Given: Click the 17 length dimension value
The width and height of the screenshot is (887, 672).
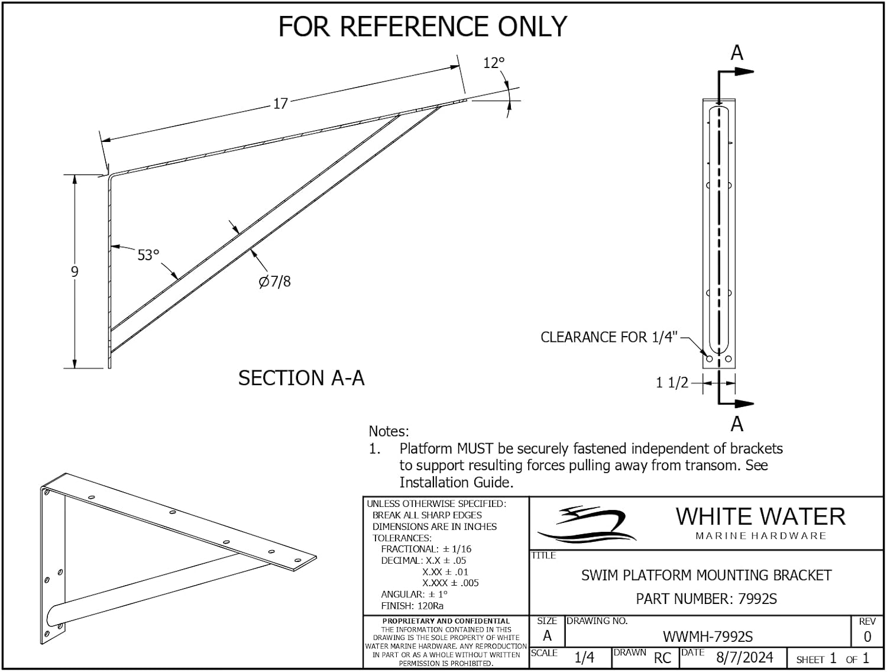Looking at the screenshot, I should (x=280, y=104).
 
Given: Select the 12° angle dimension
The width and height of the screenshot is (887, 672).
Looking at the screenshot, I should (x=494, y=63).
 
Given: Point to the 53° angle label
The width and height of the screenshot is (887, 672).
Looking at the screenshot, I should (x=148, y=255).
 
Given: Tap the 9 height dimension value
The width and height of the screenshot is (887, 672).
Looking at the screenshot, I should (x=75, y=272).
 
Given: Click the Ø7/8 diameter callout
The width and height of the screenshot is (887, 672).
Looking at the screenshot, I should (x=275, y=282).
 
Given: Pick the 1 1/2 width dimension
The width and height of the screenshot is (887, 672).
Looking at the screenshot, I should (x=672, y=383).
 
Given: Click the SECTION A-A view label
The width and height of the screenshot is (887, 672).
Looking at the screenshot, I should (x=301, y=378).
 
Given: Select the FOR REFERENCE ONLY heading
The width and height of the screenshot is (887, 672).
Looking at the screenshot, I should (x=423, y=27).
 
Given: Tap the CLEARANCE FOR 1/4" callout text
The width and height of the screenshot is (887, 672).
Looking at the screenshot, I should (x=608, y=337).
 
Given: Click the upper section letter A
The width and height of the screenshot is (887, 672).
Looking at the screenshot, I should (x=736, y=53).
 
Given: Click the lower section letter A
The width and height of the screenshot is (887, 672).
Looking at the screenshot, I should (x=736, y=424).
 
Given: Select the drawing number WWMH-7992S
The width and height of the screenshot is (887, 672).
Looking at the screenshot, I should (x=707, y=637).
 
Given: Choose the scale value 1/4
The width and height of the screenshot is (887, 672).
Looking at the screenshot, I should (x=584, y=658).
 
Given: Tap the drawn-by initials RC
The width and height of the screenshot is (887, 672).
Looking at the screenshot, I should (x=662, y=658).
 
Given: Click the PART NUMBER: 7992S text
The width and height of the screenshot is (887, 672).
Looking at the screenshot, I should (x=706, y=599).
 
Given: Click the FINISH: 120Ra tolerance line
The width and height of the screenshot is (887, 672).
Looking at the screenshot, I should (x=412, y=605).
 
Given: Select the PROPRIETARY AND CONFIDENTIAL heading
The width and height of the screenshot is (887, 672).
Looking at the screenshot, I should (x=446, y=621).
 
